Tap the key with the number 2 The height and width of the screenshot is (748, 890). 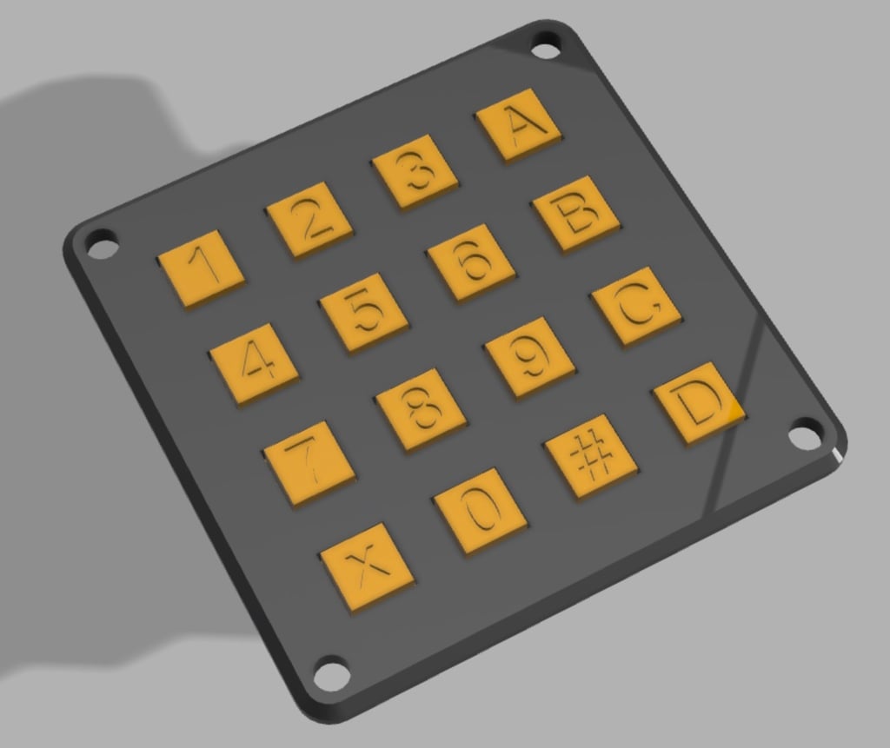pos(310,219)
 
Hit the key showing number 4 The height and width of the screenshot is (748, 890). pos(255,362)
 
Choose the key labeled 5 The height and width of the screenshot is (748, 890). pos(365,311)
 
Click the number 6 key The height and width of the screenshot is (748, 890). pos(470,261)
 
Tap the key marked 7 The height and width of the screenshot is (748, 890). pos(309,461)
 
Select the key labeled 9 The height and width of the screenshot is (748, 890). pos(529,356)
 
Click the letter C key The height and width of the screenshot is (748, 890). pos(635,306)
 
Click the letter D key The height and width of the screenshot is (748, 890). pos(699,401)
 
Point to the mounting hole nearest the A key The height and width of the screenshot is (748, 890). pos(546,46)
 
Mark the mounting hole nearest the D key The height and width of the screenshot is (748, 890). pos(807,432)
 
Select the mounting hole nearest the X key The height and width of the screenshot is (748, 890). pos(330,672)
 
